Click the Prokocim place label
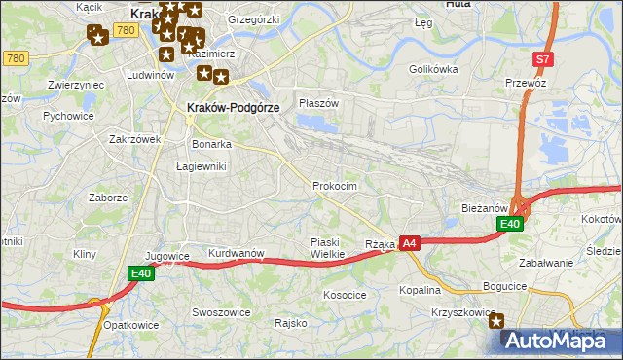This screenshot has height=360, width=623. click(335, 186)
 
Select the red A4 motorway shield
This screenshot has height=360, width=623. click(409, 243)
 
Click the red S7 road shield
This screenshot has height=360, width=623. click(543, 59)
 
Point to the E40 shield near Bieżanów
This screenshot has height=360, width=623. click(510, 224)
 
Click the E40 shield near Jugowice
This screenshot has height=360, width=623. click(140, 274)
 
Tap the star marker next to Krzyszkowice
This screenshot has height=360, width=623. click(497, 321)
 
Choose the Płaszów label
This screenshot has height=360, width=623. click(318, 103)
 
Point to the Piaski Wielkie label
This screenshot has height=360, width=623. click(327, 248)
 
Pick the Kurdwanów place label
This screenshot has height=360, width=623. click(237, 253)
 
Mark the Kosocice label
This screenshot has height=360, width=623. click(345, 294)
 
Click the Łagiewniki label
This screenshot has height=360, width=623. click(202, 166)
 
